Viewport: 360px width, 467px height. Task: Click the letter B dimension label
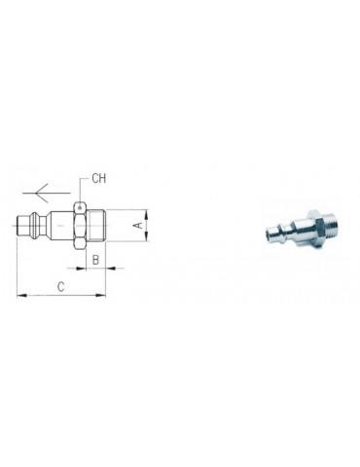point(95,261)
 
